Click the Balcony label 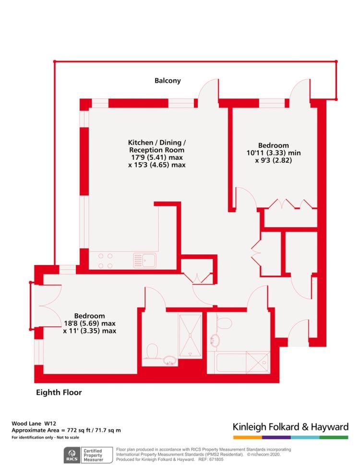click(168, 81)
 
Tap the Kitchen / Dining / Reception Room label click(156, 146)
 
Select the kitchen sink click(144, 260)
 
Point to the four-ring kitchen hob click(105, 261)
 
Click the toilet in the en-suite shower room click(153, 350)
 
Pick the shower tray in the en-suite click(190, 335)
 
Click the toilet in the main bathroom click(224, 324)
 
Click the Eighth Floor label click(59, 392)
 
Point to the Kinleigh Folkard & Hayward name click(290, 427)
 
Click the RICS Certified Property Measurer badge click(88, 455)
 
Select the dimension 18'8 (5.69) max click(90, 324)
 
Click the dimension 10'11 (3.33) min click(274, 153)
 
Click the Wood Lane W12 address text click(34, 423)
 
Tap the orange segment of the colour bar click(248, 437)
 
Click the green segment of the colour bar click(334, 437)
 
